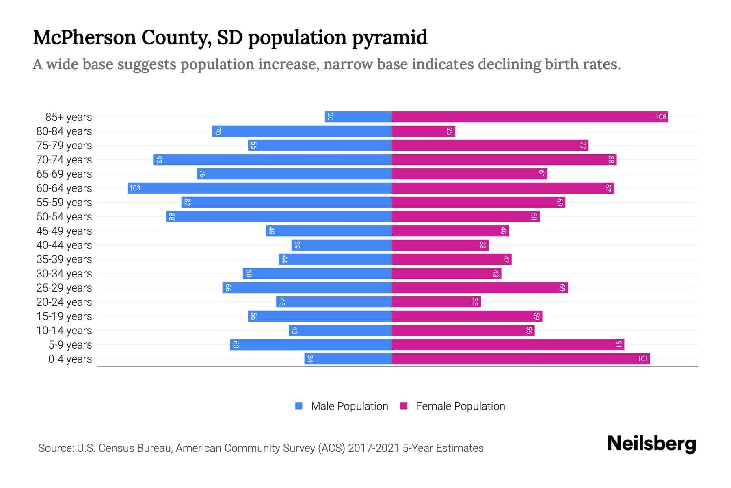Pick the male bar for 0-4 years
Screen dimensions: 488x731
348,359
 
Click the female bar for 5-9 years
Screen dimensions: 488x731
508,345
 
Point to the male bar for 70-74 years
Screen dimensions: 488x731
272,160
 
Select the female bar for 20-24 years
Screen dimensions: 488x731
436,302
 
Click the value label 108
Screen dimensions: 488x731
660,117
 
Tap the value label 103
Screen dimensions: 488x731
135,188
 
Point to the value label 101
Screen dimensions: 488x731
642,359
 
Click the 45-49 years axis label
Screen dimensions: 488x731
64,231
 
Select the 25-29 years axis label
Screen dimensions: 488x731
64,288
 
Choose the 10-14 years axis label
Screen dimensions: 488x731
64,331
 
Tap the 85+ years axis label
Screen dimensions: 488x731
69,117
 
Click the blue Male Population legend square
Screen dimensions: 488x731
299,406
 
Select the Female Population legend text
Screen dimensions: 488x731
460,406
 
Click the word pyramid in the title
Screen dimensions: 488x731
389,38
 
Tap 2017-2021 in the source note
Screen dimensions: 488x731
374,448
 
